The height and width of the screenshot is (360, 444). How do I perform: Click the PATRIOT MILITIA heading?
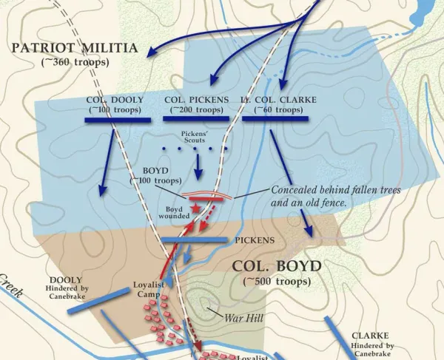tap(74, 49)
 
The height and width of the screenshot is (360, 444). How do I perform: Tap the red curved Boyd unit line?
tap(206, 197)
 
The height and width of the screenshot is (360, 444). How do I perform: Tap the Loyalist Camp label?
tap(149, 289)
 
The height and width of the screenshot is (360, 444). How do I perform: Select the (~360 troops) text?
tap(74, 62)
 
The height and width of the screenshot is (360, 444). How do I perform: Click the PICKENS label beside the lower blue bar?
tap(255, 240)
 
